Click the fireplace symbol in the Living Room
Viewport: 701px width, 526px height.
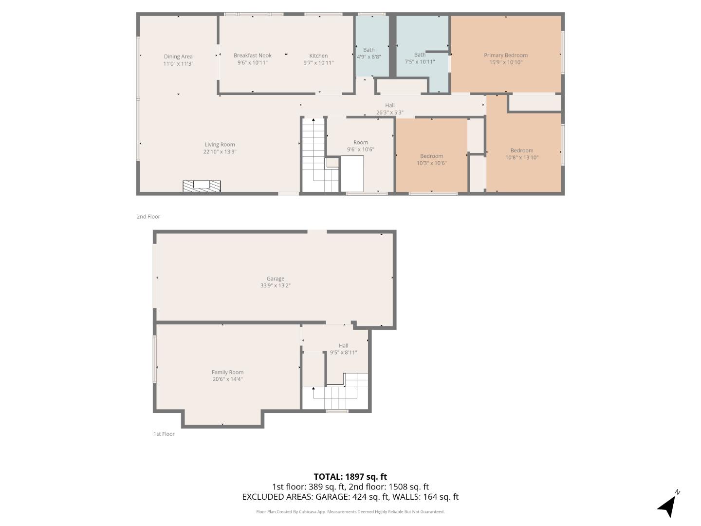(x=202, y=186)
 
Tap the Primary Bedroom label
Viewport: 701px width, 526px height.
(x=505, y=56)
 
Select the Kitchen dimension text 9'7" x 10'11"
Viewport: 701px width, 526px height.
(x=318, y=63)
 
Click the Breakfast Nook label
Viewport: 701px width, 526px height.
(x=252, y=56)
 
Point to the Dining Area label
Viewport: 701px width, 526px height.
(x=178, y=56)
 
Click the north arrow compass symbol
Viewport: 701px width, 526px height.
(x=668, y=505)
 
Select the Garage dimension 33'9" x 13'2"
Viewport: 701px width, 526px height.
(x=275, y=286)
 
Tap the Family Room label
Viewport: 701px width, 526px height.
(x=227, y=372)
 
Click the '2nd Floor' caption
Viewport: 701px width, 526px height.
(x=148, y=217)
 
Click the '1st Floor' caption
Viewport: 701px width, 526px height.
(x=164, y=434)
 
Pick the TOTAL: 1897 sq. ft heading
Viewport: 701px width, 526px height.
(x=350, y=477)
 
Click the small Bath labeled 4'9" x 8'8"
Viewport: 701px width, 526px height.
(x=369, y=53)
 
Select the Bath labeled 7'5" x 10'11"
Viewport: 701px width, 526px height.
(x=420, y=58)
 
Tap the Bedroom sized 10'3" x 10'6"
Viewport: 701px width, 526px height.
(x=431, y=160)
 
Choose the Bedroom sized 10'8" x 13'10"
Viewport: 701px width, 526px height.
(x=522, y=154)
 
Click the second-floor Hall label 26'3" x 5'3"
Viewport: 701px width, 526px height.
(x=389, y=109)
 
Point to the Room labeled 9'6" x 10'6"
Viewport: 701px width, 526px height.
(x=360, y=146)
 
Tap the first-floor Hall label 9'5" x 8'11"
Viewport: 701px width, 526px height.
(x=343, y=349)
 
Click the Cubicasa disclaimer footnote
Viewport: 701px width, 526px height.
(x=350, y=512)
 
